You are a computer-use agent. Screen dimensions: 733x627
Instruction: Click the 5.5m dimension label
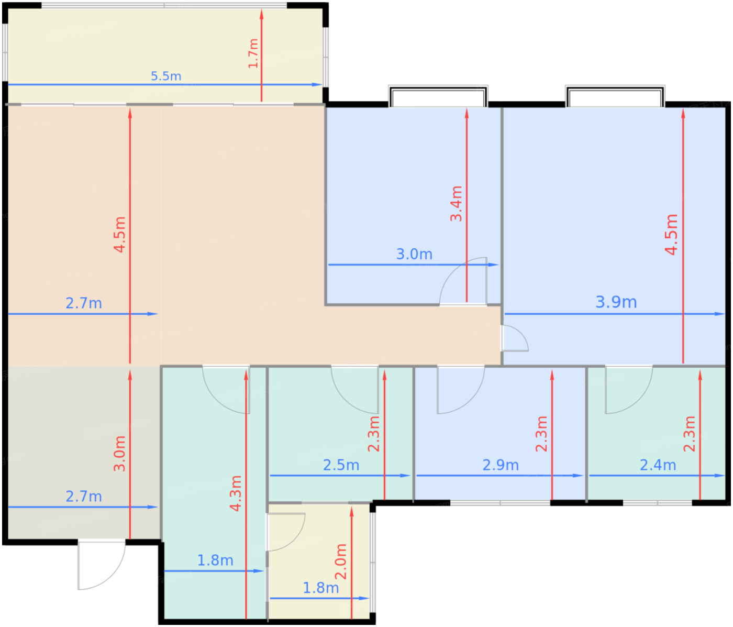pos(166,76)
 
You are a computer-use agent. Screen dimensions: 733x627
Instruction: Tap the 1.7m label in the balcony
pos(253,53)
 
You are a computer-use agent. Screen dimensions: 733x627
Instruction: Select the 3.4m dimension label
pos(456,204)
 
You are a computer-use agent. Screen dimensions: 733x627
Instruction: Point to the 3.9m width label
pos(616,302)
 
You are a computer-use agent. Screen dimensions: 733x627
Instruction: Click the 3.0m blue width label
pos(414,254)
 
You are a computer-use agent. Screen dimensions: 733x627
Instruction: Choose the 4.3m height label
pos(236,493)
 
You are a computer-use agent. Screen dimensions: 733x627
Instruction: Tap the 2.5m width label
pos(341,465)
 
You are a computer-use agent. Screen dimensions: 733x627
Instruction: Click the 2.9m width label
pos(501,465)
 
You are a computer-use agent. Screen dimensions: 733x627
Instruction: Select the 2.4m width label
pos(658,465)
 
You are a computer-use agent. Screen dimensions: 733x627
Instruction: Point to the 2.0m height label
pos(340,562)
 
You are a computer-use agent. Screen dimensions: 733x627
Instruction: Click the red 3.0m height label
pos(119,454)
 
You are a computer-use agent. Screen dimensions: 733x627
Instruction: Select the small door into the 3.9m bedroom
pos(515,338)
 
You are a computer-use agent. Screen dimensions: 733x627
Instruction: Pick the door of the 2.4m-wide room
pos(629,389)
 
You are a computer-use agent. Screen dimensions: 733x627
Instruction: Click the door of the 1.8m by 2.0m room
pos(286,532)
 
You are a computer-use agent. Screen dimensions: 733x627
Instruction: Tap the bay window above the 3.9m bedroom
pos(615,96)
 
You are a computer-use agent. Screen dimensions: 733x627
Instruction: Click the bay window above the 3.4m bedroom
pos(438,96)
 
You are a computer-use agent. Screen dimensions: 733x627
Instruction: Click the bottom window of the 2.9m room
pos(500,503)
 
